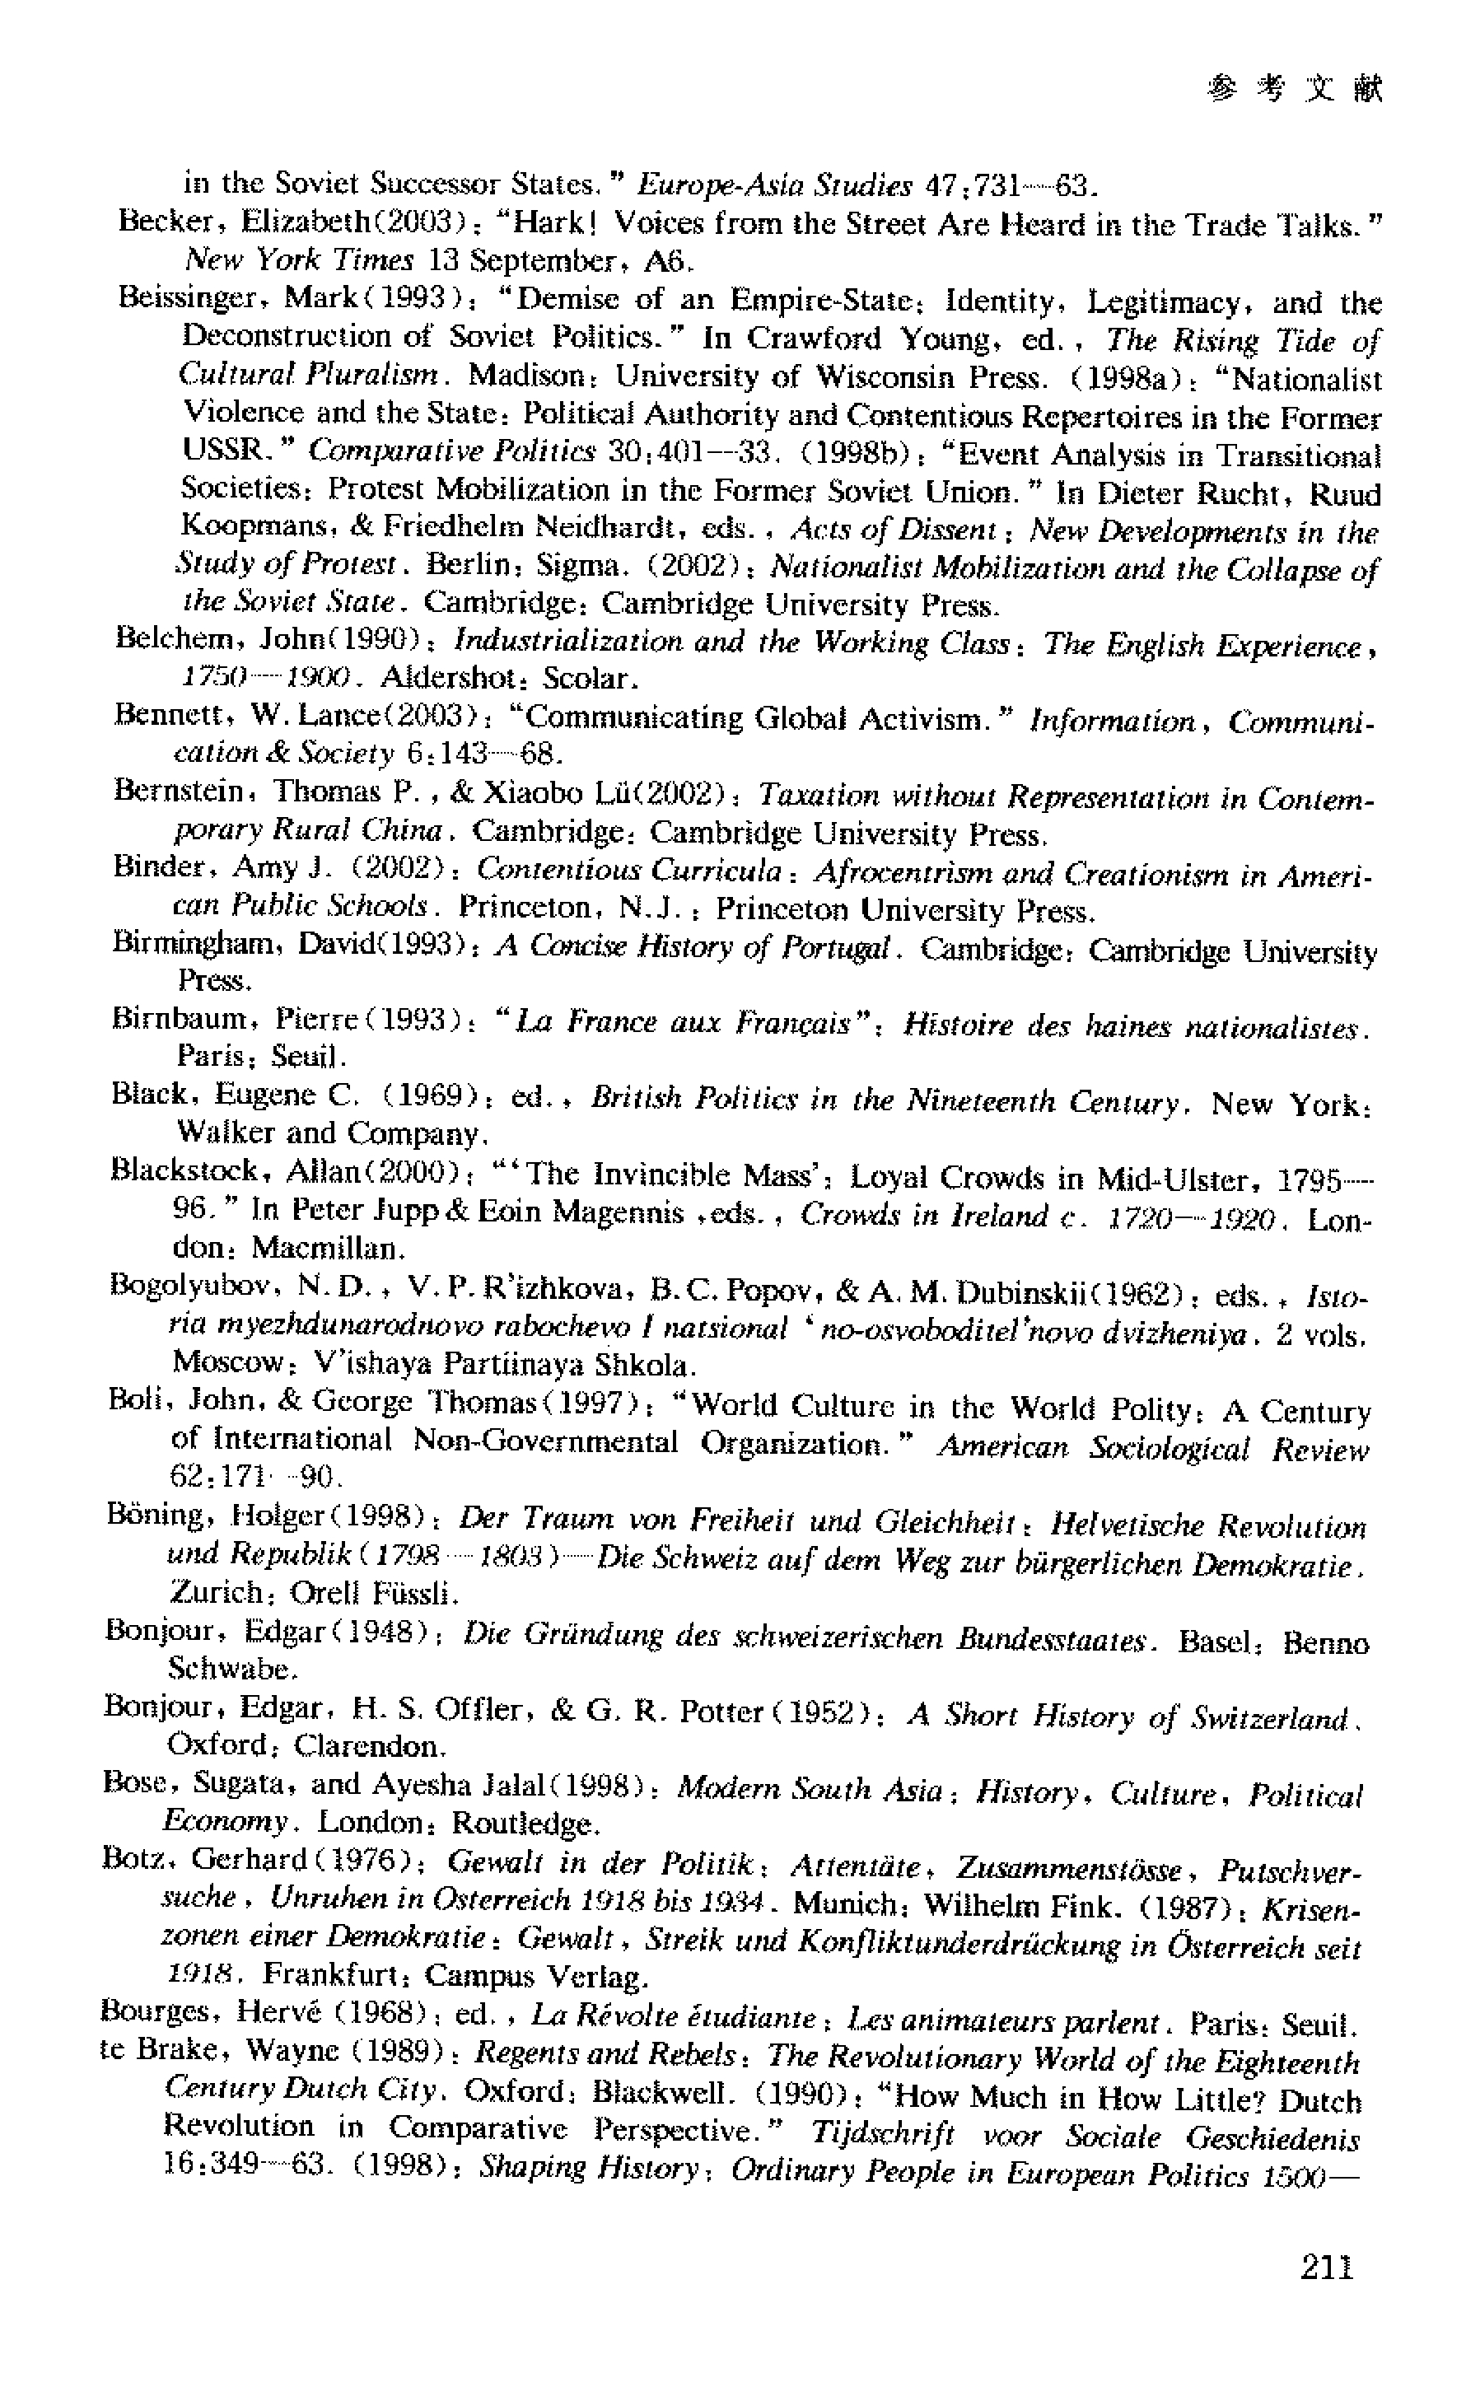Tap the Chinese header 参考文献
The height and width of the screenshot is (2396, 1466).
pyautogui.click(x=1295, y=91)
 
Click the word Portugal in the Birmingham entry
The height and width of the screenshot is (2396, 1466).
pyautogui.click(x=835, y=947)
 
